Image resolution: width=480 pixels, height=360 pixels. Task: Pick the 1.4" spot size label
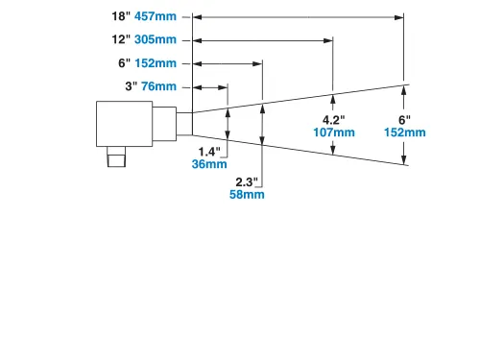pos(209,151)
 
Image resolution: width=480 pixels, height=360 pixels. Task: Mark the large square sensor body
pos(126,123)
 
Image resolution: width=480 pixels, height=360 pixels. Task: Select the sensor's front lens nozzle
pos(184,123)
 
